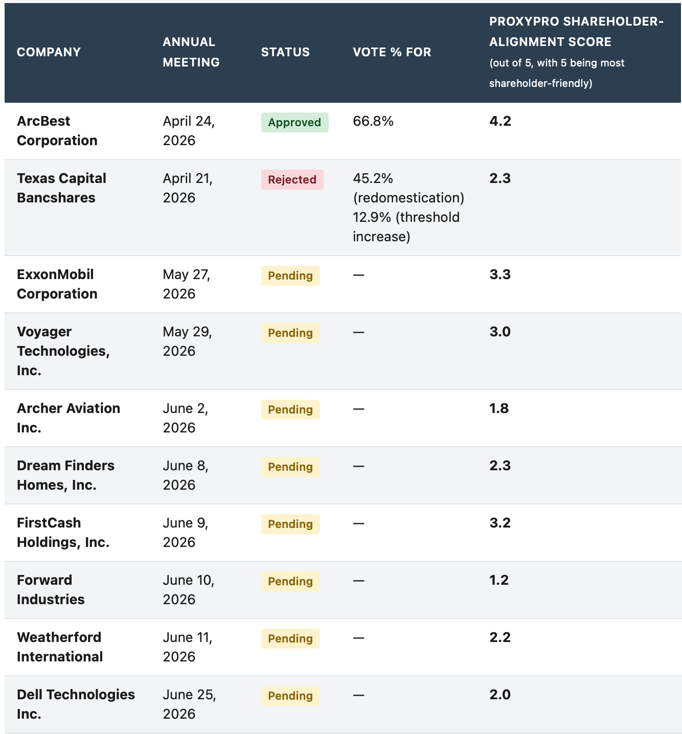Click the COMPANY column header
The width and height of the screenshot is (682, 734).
click(x=49, y=52)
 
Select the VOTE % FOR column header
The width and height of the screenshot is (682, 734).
click(x=392, y=52)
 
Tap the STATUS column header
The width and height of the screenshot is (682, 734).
click(x=285, y=52)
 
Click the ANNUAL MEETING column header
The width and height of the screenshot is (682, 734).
click(x=191, y=52)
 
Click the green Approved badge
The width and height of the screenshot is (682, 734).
click(x=294, y=122)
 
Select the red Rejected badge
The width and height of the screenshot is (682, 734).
click(x=292, y=179)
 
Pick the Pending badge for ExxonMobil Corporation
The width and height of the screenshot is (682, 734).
click(x=290, y=276)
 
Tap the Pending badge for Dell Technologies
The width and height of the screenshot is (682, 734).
click(x=290, y=696)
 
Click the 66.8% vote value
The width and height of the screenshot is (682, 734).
click(x=373, y=121)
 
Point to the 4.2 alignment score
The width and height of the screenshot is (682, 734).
click(x=500, y=121)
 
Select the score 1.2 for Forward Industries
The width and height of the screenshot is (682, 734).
click(x=499, y=580)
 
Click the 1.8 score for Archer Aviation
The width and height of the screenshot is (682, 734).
click(x=499, y=408)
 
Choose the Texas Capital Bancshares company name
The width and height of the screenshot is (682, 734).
click(x=61, y=188)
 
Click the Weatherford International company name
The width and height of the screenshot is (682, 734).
click(x=59, y=647)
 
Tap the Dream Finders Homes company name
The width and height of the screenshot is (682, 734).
click(x=65, y=475)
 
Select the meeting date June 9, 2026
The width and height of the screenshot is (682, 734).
click(x=186, y=533)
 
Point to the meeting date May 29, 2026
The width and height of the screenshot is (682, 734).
click(x=187, y=341)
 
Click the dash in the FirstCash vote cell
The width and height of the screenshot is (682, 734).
click(x=358, y=523)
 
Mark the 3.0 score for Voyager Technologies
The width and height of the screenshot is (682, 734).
click(x=500, y=332)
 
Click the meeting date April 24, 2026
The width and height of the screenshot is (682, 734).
click(x=189, y=131)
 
